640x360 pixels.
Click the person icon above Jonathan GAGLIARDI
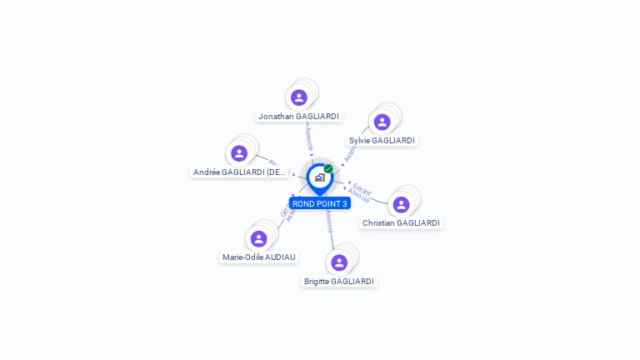tap(299, 97)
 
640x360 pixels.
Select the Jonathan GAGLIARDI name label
tap(298, 117)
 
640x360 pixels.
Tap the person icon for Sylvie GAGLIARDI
tap(382, 122)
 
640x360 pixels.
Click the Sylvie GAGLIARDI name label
tap(382, 141)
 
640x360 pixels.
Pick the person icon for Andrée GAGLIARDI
tap(239, 153)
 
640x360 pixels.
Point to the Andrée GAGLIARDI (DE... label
tap(240, 172)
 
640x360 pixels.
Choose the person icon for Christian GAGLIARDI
tap(401, 204)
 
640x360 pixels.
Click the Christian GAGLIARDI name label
tap(401, 223)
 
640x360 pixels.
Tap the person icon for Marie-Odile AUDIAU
tap(259, 238)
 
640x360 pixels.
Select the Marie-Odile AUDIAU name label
tap(259, 257)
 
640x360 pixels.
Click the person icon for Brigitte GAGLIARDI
tap(339, 262)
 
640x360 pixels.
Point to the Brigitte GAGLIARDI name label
tap(339, 282)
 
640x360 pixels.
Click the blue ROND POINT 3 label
tap(320, 203)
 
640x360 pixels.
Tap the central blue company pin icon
tap(319, 177)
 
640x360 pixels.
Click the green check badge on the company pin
tap(328, 168)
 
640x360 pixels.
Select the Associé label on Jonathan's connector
tap(309, 139)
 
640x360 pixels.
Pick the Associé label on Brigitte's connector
tap(330, 222)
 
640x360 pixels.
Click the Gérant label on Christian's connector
tap(362, 187)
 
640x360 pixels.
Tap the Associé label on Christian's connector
tap(358, 196)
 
